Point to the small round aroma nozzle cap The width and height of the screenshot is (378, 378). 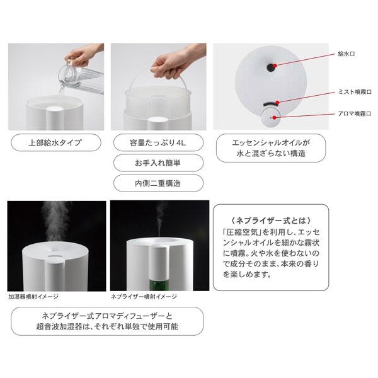pyautogui.click(x=272, y=117)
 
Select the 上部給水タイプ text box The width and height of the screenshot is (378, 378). pyautogui.click(x=55, y=142)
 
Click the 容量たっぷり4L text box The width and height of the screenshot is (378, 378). pyautogui.click(x=157, y=142)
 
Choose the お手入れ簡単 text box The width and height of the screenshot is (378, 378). pyautogui.click(x=157, y=163)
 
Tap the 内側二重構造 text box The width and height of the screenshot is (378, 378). pyautogui.click(x=157, y=183)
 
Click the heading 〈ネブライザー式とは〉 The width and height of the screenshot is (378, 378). pyautogui.click(x=271, y=220)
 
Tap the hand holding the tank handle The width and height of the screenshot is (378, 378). pyautogui.click(x=169, y=62)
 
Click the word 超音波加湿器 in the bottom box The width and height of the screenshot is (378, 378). pyautogui.click(x=60, y=328)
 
